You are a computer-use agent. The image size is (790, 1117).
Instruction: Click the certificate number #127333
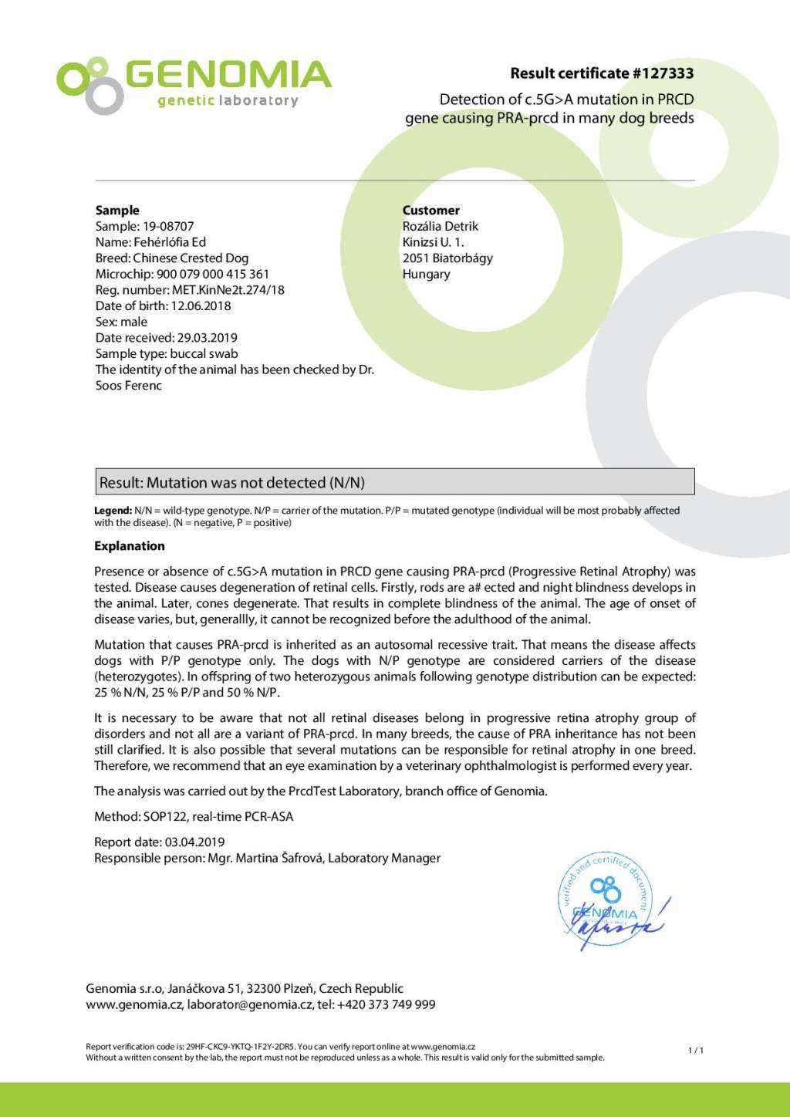663,73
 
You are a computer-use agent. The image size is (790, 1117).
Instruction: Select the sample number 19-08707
168,226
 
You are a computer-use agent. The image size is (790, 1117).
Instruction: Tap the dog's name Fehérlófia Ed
170,242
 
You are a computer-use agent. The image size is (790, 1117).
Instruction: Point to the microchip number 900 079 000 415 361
213,274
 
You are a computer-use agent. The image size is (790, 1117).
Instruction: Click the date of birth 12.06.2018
201,305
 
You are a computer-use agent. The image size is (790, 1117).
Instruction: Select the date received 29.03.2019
208,337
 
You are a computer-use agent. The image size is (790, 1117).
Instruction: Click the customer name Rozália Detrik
441,226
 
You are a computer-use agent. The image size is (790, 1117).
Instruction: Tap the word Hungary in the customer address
426,274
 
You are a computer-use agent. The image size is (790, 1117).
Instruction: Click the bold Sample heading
117,210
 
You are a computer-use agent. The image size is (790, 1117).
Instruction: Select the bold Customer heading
430,210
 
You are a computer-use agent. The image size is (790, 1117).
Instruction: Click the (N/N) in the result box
347,483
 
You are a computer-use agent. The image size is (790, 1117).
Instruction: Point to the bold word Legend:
113,511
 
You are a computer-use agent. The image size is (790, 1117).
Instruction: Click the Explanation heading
130,546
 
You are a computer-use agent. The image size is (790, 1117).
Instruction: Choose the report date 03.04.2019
194,842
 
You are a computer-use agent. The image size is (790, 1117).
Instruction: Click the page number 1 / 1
696,1050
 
